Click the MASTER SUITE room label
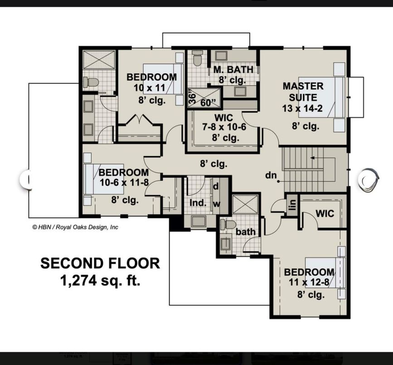coord(303,91)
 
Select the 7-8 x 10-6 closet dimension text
coord(224,128)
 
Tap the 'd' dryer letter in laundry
coord(216,186)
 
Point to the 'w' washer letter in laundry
coord(216,204)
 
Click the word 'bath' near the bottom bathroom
coord(245,232)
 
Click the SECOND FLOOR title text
coord(100,263)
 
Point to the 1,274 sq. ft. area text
coord(100,281)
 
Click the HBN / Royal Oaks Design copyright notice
coord(75,227)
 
